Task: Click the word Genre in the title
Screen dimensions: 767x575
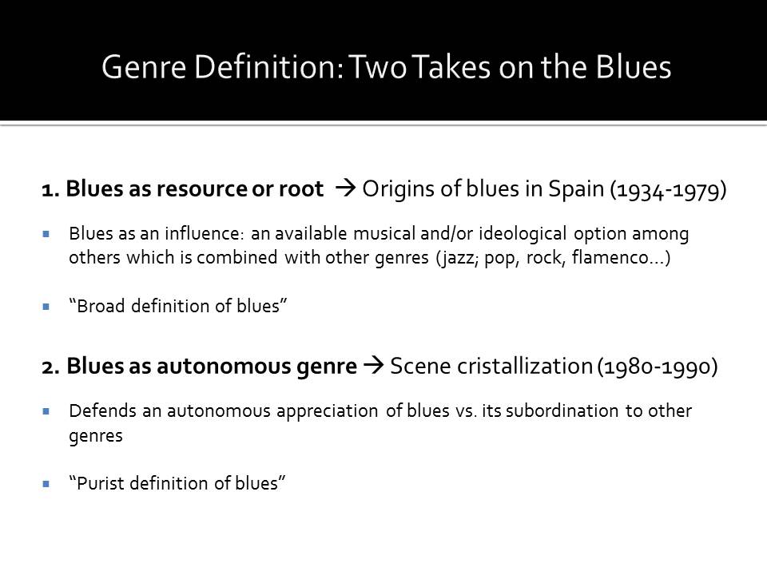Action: point(144,67)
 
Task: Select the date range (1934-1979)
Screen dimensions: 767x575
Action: point(668,190)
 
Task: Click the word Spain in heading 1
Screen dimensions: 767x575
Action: point(576,190)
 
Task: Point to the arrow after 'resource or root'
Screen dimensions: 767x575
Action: point(345,188)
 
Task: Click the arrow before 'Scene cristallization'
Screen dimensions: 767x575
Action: point(374,365)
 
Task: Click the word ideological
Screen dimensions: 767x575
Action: point(523,234)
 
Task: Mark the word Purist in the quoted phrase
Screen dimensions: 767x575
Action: point(101,483)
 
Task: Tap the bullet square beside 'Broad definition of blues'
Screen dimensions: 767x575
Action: point(46,307)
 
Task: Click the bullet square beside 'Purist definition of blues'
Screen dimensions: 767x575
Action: point(46,484)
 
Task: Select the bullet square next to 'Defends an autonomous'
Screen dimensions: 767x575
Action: point(46,412)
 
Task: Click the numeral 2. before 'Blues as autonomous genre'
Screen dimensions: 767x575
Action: point(50,367)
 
